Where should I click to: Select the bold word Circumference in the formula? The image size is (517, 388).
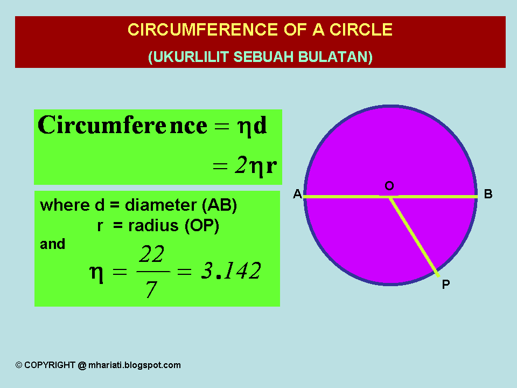122,126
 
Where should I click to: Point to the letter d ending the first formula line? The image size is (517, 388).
260,126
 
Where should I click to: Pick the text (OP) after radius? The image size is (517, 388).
201,226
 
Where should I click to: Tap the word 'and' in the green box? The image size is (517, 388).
52,245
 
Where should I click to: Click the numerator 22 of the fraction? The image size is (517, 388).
151,254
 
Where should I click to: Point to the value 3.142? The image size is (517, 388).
230,271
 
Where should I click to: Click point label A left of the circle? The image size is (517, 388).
297,195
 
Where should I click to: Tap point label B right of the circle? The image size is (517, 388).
488,195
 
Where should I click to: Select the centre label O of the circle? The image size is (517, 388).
389,186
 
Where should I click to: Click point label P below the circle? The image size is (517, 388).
445,285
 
